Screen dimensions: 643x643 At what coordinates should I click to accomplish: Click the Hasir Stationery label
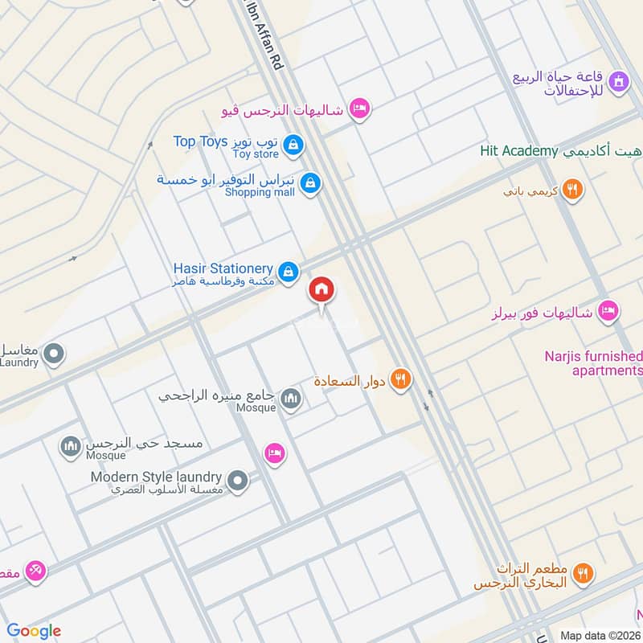click(223, 268)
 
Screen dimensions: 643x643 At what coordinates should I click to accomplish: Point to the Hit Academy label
click(519, 150)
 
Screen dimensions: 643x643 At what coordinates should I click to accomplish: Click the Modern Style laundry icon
click(237, 481)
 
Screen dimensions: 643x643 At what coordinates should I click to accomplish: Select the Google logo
click(34, 630)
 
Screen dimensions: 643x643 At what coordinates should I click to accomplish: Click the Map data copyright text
click(600, 635)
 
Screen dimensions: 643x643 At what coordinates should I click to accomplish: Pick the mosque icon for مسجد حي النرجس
click(72, 447)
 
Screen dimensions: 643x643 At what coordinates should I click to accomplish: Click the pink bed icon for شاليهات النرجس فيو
click(359, 109)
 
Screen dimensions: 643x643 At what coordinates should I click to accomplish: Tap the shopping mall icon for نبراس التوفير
click(310, 185)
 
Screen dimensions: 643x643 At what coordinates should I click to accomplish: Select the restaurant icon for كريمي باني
click(572, 190)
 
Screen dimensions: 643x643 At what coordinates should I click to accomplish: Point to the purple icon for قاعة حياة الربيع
click(618, 81)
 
